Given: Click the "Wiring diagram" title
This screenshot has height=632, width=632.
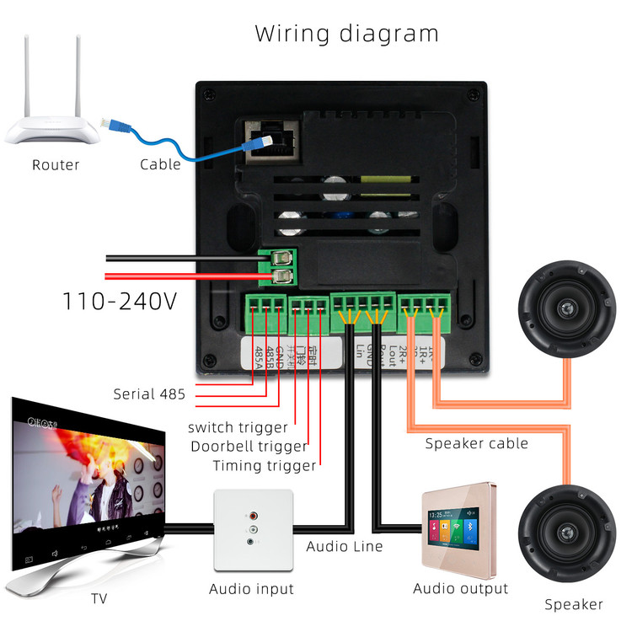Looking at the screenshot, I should [x=346, y=34].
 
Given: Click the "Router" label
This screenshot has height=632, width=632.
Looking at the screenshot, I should [x=56, y=164].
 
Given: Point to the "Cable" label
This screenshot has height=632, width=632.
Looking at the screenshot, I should [x=160, y=164].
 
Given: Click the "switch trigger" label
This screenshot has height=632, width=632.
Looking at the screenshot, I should [x=238, y=427].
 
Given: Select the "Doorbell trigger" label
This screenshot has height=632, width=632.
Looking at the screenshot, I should [x=249, y=447].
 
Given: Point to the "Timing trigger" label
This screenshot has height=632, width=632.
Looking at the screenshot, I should [x=264, y=465].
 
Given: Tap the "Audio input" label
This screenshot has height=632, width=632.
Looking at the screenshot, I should [x=252, y=589].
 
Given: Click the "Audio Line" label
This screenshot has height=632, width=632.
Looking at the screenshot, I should [x=344, y=546].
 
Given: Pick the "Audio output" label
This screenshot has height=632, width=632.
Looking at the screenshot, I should [x=460, y=588].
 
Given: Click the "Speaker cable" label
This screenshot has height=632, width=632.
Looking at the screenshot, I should [x=476, y=443].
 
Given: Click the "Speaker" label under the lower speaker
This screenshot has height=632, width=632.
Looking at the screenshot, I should [x=573, y=604].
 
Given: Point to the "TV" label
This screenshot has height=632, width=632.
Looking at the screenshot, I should [x=99, y=599].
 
